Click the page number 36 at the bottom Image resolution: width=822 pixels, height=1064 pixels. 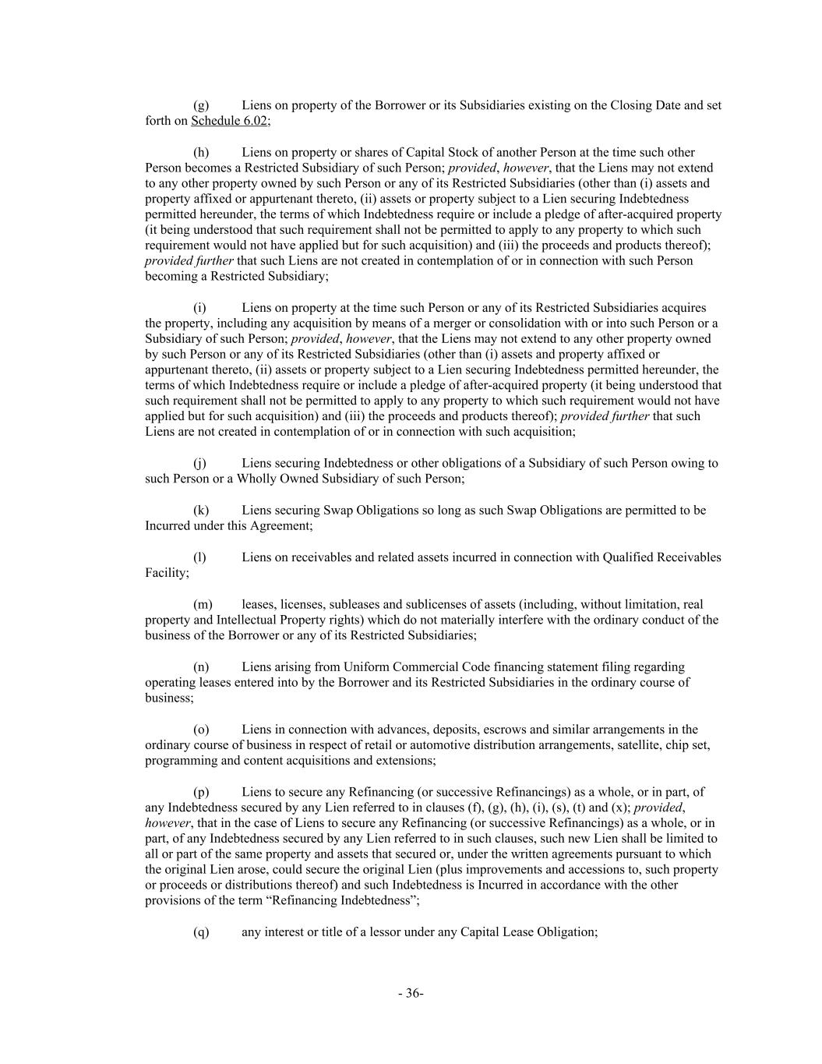(411, 993)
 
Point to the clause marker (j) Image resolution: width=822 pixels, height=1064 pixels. (200, 463)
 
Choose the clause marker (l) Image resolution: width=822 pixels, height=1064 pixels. (200, 557)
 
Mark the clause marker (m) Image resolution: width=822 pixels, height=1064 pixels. (202, 604)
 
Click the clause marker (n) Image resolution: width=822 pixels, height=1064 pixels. (201, 667)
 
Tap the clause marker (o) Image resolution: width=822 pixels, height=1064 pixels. (201, 730)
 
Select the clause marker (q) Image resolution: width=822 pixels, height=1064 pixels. (201, 932)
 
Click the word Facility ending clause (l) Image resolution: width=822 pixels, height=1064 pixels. (167, 573)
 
